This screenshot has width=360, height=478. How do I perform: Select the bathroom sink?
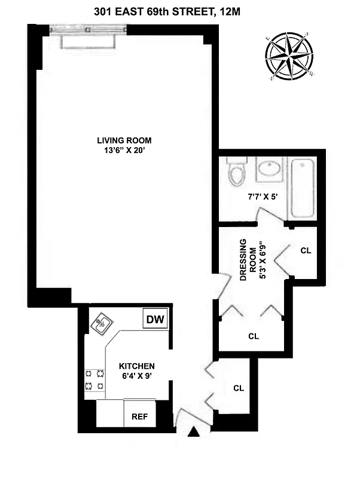pyautogui.click(x=268, y=171)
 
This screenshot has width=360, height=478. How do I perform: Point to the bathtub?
pyautogui.click(x=303, y=188)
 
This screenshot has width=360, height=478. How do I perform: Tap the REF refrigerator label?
pyautogui.click(x=139, y=416)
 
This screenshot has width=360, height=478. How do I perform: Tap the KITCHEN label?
pyautogui.click(x=136, y=366)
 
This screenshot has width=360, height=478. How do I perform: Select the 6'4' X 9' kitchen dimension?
pyautogui.click(x=136, y=376)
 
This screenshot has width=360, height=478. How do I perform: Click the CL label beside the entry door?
pyautogui.click(x=239, y=388)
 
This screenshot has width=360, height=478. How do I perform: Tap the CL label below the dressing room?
pyautogui.click(x=254, y=336)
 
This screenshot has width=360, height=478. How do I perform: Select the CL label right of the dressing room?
pyautogui.click(x=306, y=250)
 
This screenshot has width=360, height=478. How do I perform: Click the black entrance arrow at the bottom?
pyautogui.click(x=193, y=433)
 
